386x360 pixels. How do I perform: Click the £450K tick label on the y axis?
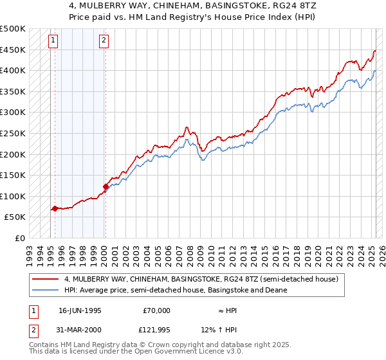click(13, 50)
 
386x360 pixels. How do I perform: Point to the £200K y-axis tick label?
click(13, 155)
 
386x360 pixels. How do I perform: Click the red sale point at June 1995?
click(55, 208)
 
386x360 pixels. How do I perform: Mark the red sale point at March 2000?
click(106, 187)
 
